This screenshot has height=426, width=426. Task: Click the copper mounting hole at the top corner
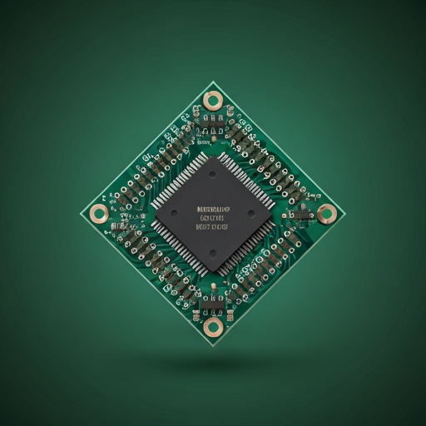(x=213, y=102)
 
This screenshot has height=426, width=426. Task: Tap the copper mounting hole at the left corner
(x=99, y=212)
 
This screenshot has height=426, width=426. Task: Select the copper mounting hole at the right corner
(x=327, y=213)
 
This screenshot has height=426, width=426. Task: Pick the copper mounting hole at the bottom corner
(x=213, y=325)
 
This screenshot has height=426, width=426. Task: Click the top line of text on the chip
(x=212, y=208)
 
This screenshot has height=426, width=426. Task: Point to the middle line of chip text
(x=212, y=216)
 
